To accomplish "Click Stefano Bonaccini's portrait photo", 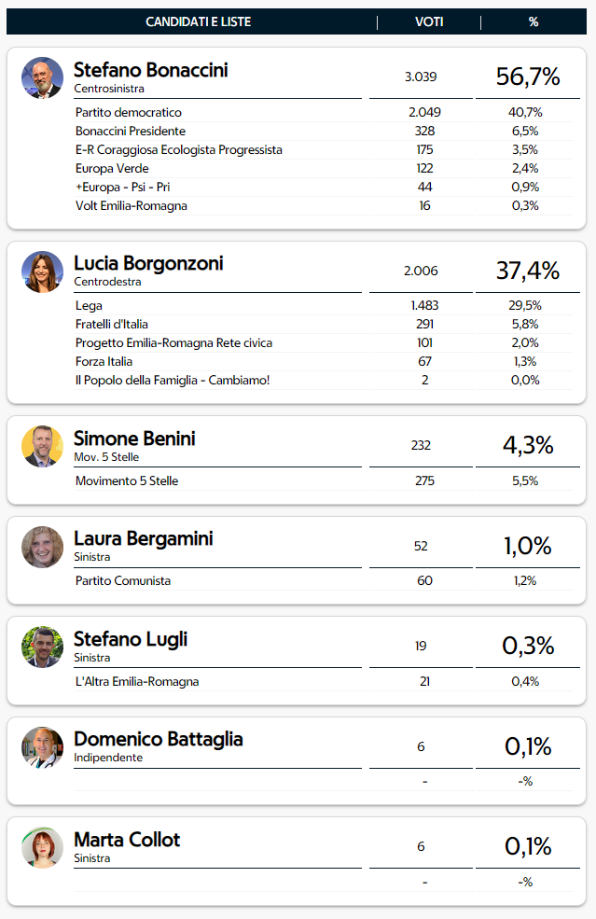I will point(42,77).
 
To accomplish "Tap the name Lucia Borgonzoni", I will point(148,263).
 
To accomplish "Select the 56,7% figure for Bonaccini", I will point(528,77).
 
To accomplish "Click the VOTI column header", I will point(429,21).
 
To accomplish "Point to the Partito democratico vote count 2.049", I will point(424,113).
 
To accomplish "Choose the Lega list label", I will point(89,306).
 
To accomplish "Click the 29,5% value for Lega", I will point(526,306).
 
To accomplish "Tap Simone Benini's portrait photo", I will point(42,446).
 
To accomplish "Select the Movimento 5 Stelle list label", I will point(127,481).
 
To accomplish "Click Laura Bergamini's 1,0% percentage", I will point(528,546).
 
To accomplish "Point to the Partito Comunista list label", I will point(123,581).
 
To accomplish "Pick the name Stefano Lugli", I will point(131,639).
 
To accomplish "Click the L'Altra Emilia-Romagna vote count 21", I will point(424,682).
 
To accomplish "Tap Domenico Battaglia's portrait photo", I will point(42,746).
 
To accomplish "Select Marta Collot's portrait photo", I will point(42,847).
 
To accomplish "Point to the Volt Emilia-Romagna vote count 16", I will point(424,206).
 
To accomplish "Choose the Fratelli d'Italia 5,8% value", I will point(526,325).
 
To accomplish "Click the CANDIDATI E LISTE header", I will point(199,21).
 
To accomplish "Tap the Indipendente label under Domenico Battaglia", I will point(108,758).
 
